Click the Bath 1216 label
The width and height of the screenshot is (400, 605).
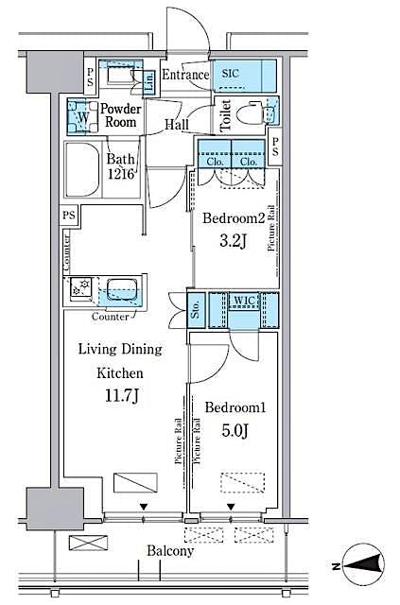(x=121, y=165)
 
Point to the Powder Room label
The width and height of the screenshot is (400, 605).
(x=120, y=115)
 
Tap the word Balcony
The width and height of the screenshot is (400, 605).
(x=170, y=551)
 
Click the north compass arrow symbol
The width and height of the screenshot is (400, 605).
(x=363, y=565)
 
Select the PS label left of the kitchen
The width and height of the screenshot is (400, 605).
(x=70, y=216)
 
